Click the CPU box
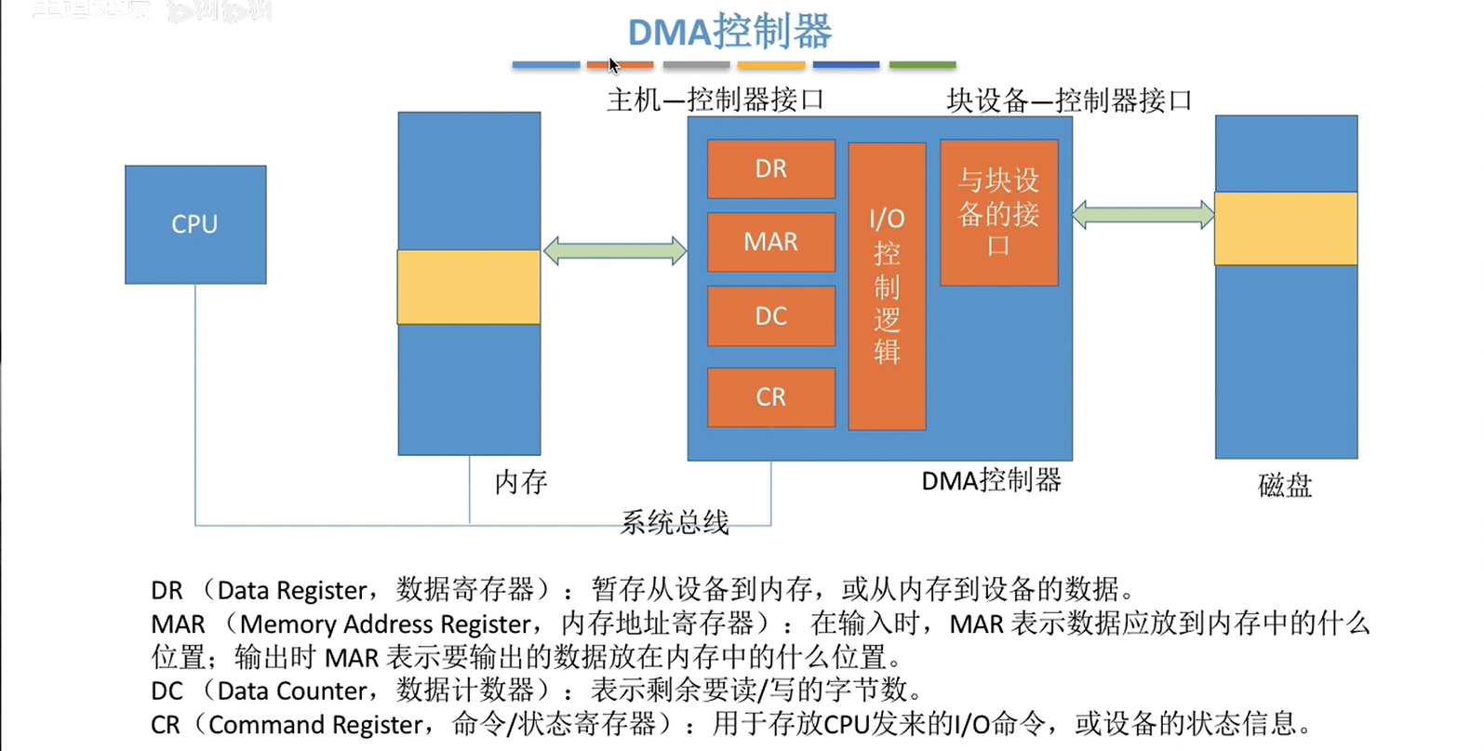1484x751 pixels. (195, 224)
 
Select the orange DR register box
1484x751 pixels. (770, 168)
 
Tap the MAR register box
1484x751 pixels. (770, 242)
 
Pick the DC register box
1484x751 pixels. (770, 316)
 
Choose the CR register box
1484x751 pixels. (770, 397)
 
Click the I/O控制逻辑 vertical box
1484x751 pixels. (887, 286)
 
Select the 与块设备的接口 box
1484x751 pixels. (998, 212)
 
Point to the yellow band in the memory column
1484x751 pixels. (469, 287)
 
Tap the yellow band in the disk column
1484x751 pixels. (1286, 228)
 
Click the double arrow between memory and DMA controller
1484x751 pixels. (615, 250)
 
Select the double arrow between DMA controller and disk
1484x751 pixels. (1143, 215)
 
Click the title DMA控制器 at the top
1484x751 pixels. (729, 32)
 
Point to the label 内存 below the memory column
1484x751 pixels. (520, 481)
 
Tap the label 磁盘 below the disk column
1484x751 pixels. (1284, 485)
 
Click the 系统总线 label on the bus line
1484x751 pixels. (675, 522)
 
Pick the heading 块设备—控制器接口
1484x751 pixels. (1069, 101)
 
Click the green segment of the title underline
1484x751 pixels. (922, 65)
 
